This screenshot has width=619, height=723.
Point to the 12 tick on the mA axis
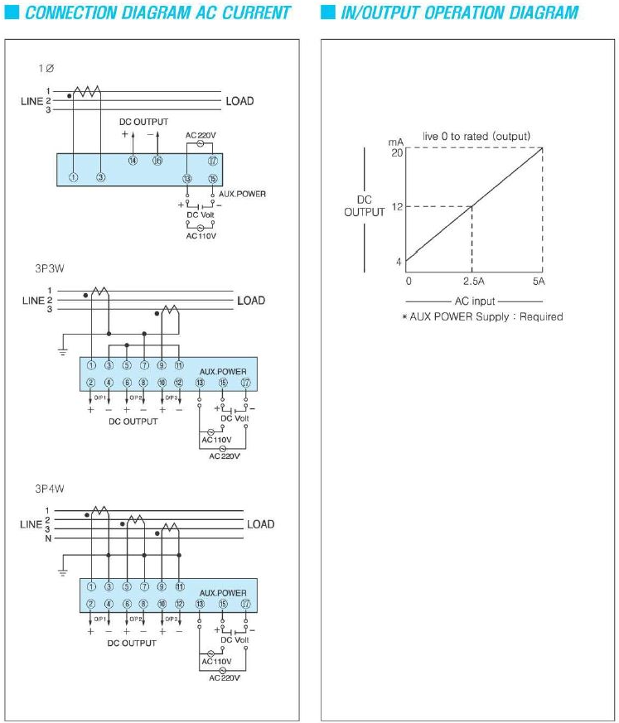(397, 206)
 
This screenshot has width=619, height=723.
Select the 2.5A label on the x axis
(472, 281)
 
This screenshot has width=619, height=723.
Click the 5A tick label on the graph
(539, 281)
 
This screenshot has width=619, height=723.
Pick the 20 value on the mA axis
(397, 152)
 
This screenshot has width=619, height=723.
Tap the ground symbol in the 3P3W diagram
(63, 350)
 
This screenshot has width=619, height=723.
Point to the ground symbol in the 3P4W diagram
(63, 571)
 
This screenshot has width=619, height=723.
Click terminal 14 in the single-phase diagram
(132, 161)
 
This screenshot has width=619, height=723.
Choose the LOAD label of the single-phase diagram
(239, 101)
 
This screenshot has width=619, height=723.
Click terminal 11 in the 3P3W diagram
(179, 365)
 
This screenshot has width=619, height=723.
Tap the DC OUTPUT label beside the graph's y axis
(365, 206)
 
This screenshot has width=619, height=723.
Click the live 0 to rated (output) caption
(476, 136)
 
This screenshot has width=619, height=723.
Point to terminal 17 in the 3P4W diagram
(246, 604)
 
